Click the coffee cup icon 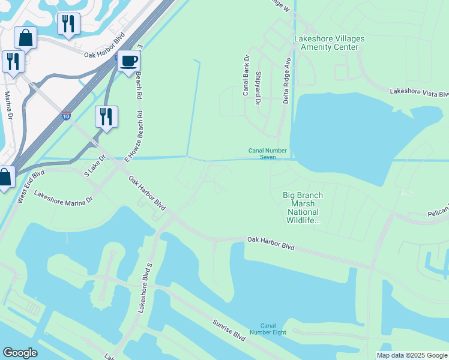[x=129, y=61]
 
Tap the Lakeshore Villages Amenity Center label [x=329, y=43]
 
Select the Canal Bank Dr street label [x=246, y=76]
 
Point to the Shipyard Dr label [x=258, y=89]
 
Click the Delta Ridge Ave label [x=288, y=80]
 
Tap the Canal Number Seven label [x=268, y=154]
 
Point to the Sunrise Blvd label [x=229, y=329]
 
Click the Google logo [x=20, y=352]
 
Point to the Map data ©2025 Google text [x=412, y=355]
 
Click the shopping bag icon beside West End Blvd [x=5, y=178]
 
